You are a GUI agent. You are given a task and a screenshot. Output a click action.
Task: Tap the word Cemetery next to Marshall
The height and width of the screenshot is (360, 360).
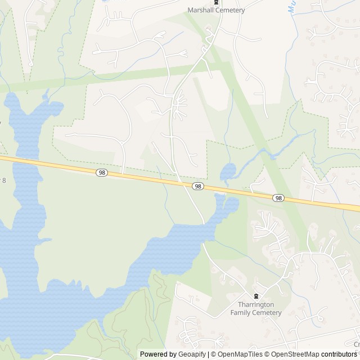point(232,10)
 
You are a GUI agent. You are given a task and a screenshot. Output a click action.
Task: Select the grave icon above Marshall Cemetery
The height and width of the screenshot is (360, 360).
point(215,2)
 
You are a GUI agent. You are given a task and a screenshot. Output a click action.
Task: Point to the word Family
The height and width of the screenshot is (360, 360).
point(242,313)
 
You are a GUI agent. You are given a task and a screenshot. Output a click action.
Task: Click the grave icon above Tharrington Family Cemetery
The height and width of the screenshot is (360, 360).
point(256,296)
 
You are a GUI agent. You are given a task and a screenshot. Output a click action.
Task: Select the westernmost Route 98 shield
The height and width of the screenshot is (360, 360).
point(101,173)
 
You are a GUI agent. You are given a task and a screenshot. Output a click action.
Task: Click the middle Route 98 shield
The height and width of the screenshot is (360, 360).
point(197,186)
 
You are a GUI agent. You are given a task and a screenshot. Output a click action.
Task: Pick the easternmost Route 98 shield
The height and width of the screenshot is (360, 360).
point(278,198)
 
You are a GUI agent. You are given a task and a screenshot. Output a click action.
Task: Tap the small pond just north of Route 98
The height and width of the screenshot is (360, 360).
point(228,172)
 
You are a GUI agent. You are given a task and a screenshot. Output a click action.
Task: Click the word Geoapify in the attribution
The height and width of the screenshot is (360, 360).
point(192,354)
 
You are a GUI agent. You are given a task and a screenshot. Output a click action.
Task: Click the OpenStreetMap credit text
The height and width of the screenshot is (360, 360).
point(292,354)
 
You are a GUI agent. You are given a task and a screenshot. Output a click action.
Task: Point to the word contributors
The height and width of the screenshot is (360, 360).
point(340,354)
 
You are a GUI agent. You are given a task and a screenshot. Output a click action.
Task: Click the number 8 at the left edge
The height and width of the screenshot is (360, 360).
point(4,180)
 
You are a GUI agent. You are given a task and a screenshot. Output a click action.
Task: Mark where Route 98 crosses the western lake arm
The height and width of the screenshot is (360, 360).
point(17,161)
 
